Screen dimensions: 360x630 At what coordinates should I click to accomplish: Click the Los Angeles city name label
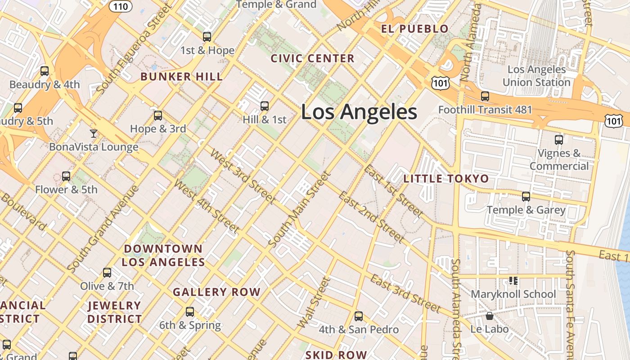point(359,112)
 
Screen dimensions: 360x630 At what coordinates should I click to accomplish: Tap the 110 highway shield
point(120,6)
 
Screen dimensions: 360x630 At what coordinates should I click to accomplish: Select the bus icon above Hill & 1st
point(265,106)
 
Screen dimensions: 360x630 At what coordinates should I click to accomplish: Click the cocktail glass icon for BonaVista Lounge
point(93,133)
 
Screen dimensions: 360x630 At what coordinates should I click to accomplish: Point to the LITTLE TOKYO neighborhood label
point(446,179)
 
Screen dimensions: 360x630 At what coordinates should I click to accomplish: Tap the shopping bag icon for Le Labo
point(490,316)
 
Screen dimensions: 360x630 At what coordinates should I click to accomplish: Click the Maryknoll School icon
point(513,281)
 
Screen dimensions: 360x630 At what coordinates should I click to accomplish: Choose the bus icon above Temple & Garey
point(526,197)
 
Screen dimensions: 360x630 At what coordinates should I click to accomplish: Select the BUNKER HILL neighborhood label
point(181,76)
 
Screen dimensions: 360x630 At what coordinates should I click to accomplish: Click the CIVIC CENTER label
point(312,58)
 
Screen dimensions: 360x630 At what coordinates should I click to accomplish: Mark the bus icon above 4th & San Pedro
point(358,316)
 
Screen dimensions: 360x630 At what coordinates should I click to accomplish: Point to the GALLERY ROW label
point(216,292)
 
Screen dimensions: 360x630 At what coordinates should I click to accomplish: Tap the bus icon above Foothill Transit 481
point(485,96)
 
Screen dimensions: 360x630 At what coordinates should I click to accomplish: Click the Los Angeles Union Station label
point(536,76)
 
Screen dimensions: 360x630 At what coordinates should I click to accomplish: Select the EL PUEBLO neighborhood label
point(414,29)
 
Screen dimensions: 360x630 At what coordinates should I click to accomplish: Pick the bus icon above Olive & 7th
point(107,273)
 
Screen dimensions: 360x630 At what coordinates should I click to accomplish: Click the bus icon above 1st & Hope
point(207,37)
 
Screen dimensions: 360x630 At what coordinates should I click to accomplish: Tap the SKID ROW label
point(336,355)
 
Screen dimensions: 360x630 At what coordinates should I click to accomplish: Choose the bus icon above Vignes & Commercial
point(558,140)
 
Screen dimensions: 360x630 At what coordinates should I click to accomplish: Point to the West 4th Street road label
point(207,207)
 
